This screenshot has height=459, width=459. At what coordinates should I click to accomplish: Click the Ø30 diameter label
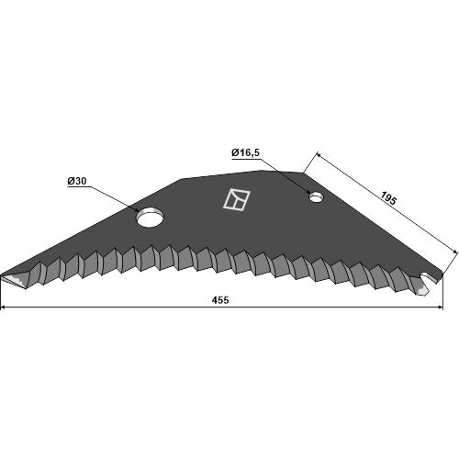[77, 181]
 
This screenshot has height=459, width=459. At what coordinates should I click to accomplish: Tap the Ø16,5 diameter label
[245, 152]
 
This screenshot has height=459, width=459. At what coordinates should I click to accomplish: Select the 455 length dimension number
[220, 300]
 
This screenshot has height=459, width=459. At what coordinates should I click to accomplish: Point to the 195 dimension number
[388, 198]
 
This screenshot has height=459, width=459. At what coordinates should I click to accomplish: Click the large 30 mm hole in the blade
[150, 217]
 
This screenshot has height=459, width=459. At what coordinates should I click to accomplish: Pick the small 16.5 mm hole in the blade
[317, 197]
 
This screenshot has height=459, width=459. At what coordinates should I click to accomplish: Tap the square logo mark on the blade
[236, 199]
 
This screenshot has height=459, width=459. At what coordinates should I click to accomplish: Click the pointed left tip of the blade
[1, 274]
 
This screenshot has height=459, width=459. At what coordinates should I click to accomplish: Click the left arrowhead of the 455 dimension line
[4, 307]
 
